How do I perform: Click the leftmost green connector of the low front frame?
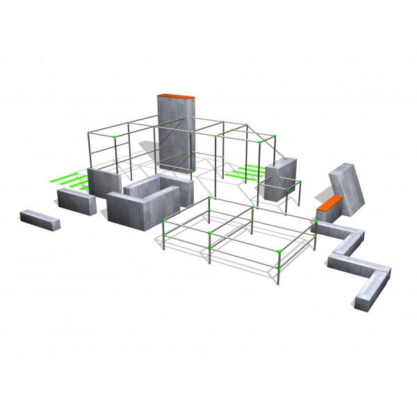point(163,220)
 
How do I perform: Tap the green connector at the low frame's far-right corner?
point(316,222)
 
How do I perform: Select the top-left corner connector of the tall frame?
point(88,131)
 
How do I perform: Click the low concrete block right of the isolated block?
point(76,199)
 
